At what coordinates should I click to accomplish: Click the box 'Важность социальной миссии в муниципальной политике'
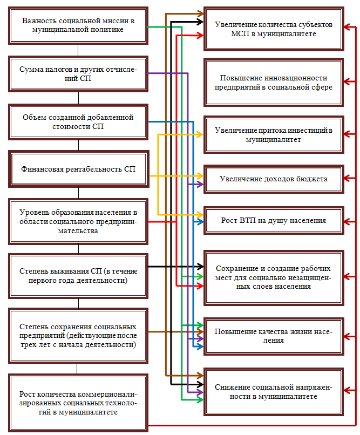pyautogui.click(x=78, y=25)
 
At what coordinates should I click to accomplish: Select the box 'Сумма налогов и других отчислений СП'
pyautogui.click(x=78, y=74)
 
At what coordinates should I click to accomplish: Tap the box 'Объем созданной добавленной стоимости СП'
pyautogui.click(x=78, y=122)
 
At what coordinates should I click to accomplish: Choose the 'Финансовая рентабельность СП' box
pyautogui.click(x=78, y=169)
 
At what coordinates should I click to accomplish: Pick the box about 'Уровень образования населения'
pyautogui.click(x=78, y=221)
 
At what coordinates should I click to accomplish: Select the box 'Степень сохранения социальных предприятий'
pyautogui.click(x=78, y=335)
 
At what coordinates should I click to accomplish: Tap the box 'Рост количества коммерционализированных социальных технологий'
pyautogui.click(x=78, y=402)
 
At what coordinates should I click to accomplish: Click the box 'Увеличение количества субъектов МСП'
pyautogui.click(x=274, y=29)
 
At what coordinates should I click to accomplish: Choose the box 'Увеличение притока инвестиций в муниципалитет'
pyautogui.click(x=274, y=135)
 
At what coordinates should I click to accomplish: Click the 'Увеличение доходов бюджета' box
pyautogui.click(x=274, y=178)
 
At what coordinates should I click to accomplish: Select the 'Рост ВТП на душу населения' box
pyautogui.click(x=274, y=221)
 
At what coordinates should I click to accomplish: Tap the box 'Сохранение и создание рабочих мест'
pyautogui.click(x=274, y=277)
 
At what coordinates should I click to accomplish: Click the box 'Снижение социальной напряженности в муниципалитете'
pyautogui.click(x=274, y=392)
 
